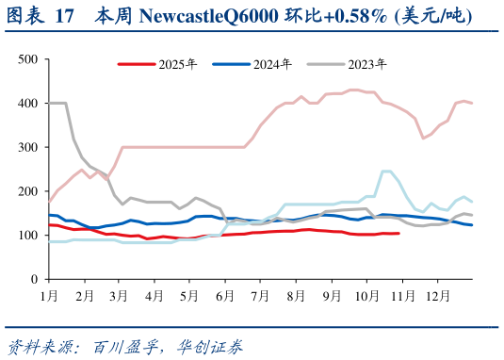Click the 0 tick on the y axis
pos(33,280)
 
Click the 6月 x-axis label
pos(224,295)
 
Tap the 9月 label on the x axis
pos(331,295)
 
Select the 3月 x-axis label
pos(120,295)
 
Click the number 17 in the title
pos(66,16)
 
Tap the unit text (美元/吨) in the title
pos(433,16)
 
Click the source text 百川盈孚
pos(121,346)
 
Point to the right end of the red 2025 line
pos(398,233)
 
